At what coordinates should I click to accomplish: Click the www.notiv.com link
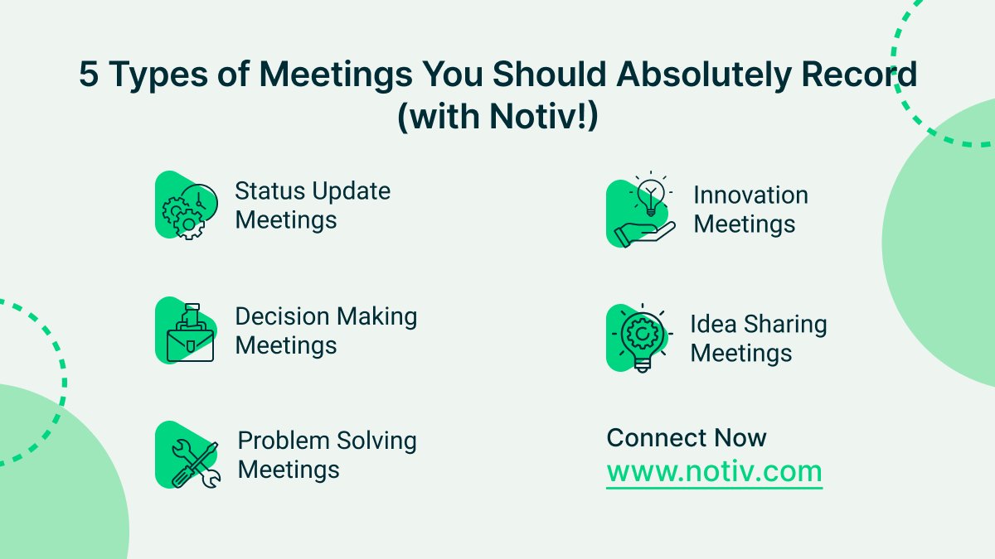[714, 471]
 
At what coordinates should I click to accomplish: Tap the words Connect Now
[687, 437]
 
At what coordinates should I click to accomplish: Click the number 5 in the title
[89, 75]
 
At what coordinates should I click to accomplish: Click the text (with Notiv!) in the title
[498, 117]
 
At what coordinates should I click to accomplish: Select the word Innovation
[750, 195]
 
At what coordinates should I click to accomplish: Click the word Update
[352, 191]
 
